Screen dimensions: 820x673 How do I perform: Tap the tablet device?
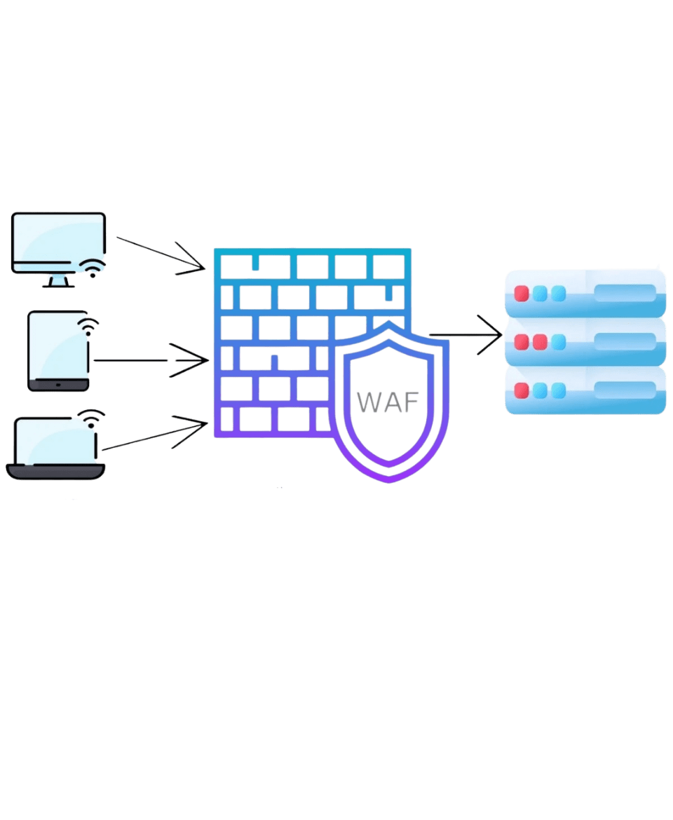(x=58, y=351)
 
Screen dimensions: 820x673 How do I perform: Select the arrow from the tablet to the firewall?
(x=151, y=360)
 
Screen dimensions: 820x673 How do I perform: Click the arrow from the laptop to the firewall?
(x=155, y=435)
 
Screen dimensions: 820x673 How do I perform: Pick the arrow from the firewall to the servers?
(x=465, y=336)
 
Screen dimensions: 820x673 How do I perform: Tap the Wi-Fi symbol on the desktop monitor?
(x=91, y=268)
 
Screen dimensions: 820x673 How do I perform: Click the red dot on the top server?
(x=522, y=294)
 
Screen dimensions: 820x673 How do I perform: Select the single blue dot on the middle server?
(x=558, y=342)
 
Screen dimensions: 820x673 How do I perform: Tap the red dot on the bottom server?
(x=522, y=390)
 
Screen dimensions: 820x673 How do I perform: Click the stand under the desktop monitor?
(x=57, y=281)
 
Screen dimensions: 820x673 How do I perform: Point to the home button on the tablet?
(x=58, y=385)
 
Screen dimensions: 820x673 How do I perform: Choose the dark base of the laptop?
(x=55, y=471)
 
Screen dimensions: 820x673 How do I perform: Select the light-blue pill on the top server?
(x=625, y=293)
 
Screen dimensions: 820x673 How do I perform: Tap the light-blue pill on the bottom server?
(x=625, y=389)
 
